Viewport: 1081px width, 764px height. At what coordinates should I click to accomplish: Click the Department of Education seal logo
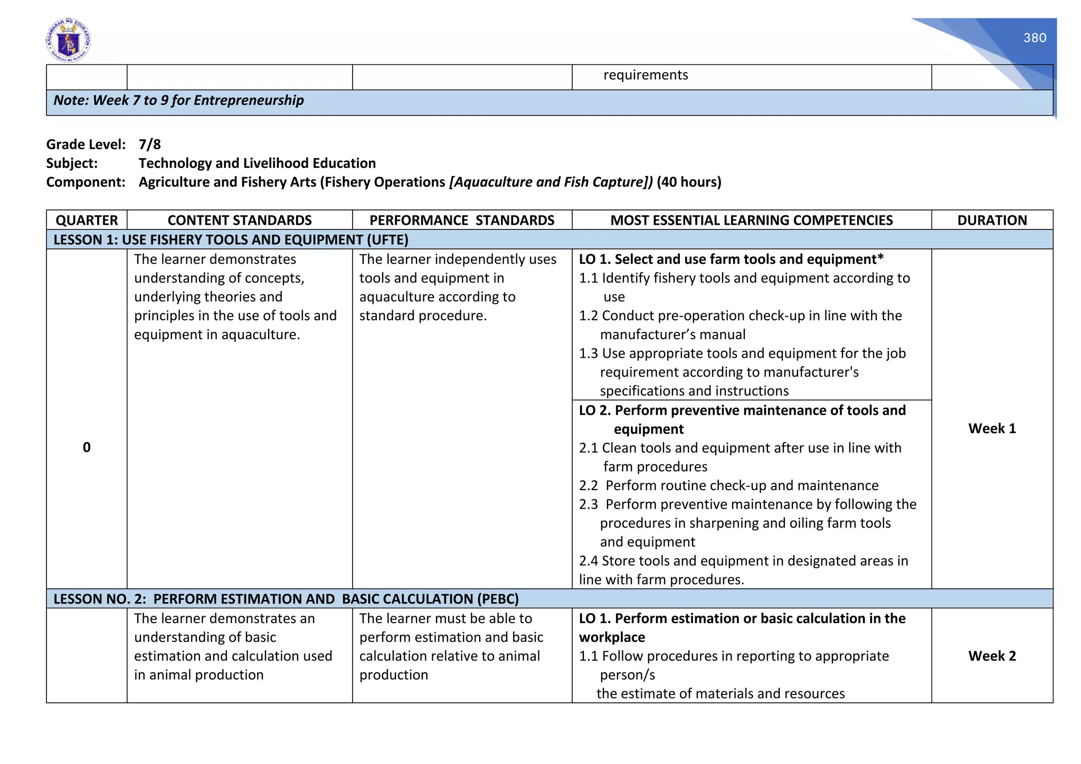(x=68, y=41)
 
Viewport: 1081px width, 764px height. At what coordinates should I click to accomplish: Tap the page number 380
(x=1035, y=38)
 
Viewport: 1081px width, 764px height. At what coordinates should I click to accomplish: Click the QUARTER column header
(x=87, y=221)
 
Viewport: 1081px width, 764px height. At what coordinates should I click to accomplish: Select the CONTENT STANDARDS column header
(x=240, y=221)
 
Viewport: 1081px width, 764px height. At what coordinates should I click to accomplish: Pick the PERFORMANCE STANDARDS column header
(x=462, y=221)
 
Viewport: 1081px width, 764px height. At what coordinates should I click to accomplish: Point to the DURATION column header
(x=992, y=221)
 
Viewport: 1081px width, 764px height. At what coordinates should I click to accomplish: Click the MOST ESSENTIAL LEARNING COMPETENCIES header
(x=752, y=221)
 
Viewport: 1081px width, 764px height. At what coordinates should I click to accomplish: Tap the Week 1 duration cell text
(x=992, y=428)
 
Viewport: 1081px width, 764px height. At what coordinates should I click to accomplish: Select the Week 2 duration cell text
(x=992, y=656)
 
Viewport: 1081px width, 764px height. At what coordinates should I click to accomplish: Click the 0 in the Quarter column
(x=87, y=447)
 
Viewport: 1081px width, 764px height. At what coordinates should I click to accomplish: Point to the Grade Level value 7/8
(x=150, y=145)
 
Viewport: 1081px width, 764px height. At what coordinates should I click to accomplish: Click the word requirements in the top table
(x=646, y=75)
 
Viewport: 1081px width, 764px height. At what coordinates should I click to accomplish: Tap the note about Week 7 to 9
(x=178, y=100)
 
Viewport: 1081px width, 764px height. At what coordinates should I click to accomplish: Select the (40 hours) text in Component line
(x=689, y=182)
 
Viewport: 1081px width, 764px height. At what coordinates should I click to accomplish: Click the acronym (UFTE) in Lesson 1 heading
(x=388, y=240)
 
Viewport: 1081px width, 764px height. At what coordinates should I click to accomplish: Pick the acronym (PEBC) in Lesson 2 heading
(x=498, y=599)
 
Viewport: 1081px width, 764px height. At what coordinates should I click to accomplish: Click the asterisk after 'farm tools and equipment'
(x=880, y=258)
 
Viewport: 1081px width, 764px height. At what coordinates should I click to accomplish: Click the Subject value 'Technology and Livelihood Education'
(x=257, y=164)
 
